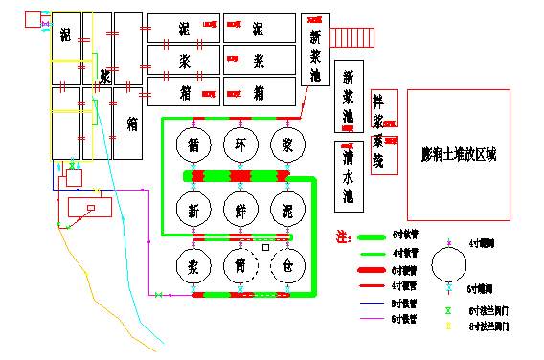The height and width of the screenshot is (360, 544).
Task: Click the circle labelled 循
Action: (193, 145)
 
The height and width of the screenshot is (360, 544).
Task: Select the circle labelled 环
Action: (239, 145)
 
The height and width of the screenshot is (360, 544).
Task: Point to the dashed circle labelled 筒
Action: (239, 266)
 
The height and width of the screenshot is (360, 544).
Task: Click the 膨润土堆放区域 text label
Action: (458, 154)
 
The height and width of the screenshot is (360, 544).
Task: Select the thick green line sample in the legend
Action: (372, 236)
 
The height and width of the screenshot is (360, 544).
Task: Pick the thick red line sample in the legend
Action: (372, 270)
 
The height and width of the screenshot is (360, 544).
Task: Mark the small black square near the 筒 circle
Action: (266, 248)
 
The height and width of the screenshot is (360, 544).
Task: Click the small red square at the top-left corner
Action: (32, 19)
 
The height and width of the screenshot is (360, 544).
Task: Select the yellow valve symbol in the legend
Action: (448, 326)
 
